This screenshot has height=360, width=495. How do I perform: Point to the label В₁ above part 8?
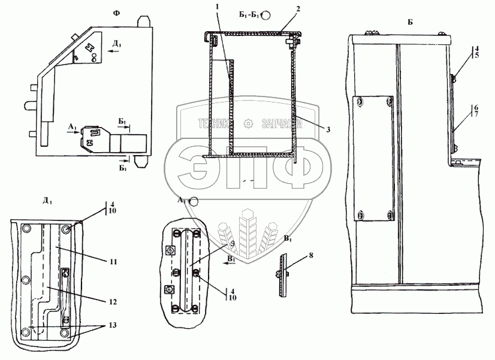[288, 238]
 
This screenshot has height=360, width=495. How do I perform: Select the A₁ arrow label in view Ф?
[72, 126]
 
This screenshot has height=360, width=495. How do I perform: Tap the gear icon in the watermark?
[248, 124]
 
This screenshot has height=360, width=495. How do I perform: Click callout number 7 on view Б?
[476, 114]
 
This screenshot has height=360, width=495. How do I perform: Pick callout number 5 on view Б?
[476, 55]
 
